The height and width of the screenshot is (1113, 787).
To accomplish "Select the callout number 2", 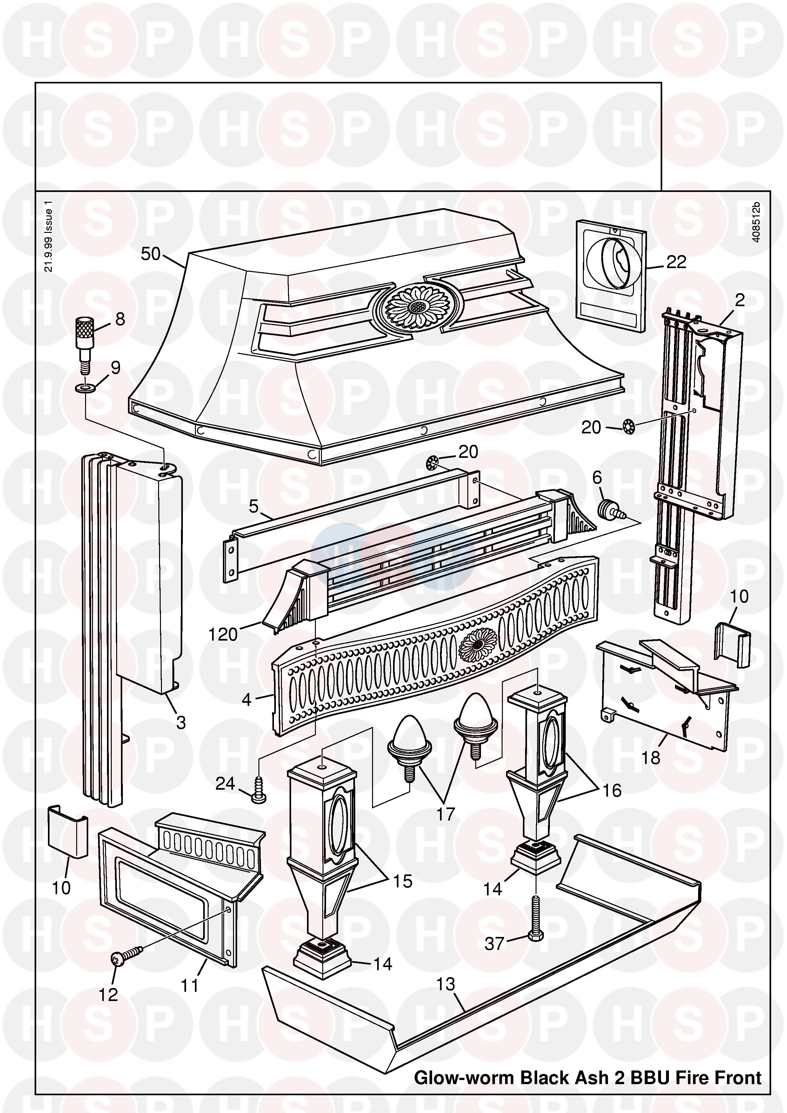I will point(739,300).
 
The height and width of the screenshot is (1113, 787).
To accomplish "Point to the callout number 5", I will point(254,507).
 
